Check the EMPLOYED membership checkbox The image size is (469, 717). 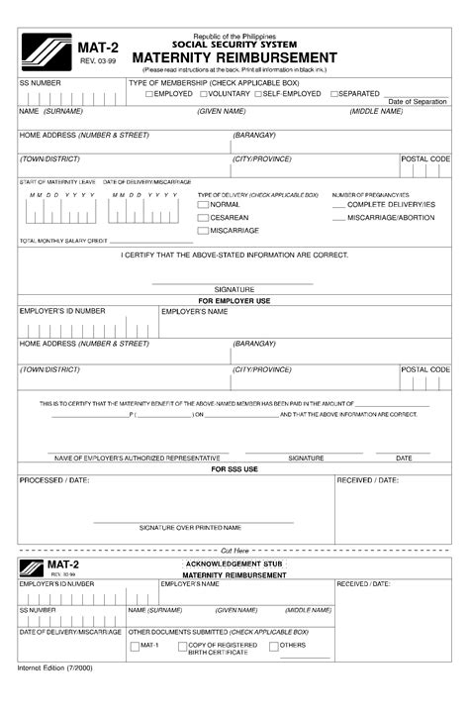tap(149, 94)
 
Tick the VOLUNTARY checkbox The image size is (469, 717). tap(204, 94)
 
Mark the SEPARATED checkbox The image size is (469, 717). tap(334, 94)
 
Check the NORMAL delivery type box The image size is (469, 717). tap(203, 204)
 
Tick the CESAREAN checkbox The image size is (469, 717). tap(203, 217)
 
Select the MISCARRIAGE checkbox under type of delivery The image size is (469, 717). tap(203, 231)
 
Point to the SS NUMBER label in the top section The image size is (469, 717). tap(40, 83)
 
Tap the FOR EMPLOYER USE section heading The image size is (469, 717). tap(234, 300)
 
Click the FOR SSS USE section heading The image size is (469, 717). tap(234, 468)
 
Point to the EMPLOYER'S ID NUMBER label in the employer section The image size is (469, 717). tap(61, 311)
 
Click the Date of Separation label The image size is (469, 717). tap(417, 102)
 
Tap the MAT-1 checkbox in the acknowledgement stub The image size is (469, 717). tap(135, 647)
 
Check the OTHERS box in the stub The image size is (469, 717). tap(274, 647)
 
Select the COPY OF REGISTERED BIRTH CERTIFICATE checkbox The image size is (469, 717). tap(181, 647)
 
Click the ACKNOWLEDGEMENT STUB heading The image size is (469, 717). tap(234, 563)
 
